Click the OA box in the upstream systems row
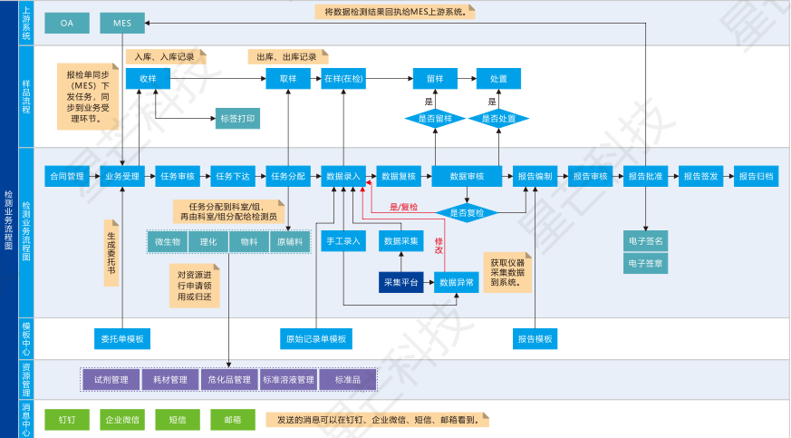click(x=67, y=23)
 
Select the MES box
click(x=122, y=23)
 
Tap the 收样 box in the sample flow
click(x=149, y=79)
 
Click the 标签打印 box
click(x=238, y=118)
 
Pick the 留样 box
click(x=435, y=79)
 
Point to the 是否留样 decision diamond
click(x=435, y=118)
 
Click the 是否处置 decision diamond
click(x=498, y=118)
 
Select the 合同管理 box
click(x=66, y=176)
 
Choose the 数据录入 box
click(x=344, y=176)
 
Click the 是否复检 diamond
click(x=468, y=212)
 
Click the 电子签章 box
click(x=645, y=264)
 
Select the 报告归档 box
click(x=755, y=176)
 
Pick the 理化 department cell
click(x=208, y=242)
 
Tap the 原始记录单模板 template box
click(x=315, y=339)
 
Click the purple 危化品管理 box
click(x=229, y=379)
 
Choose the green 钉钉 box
click(x=67, y=420)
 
